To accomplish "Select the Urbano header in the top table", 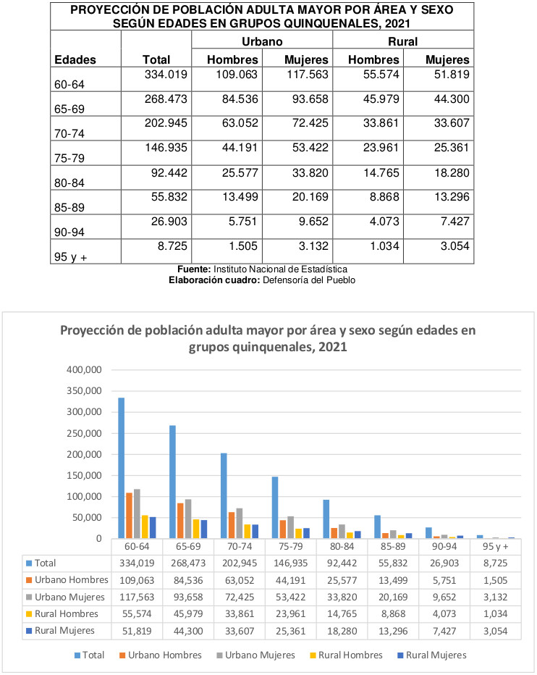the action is [262, 42].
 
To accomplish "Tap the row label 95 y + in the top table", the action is [71, 257].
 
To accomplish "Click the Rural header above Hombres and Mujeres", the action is [402, 42].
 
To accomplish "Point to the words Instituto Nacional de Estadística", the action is [280, 269].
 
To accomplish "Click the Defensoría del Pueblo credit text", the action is [309, 280].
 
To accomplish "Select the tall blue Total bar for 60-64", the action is [122, 468].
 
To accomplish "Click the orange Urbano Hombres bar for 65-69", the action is [180, 521].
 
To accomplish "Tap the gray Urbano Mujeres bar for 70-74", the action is [240, 524].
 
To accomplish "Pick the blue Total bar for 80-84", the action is [326, 519].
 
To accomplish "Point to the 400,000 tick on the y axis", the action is [85, 370].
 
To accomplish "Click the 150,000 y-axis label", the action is [85, 476].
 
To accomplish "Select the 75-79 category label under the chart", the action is [291, 547].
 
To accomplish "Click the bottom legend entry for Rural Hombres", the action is [346, 655].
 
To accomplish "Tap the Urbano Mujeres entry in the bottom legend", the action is [255, 655].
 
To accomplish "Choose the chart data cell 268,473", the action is [188, 563].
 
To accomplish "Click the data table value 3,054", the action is [496, 631].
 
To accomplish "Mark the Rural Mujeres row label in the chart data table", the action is [60, 631].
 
